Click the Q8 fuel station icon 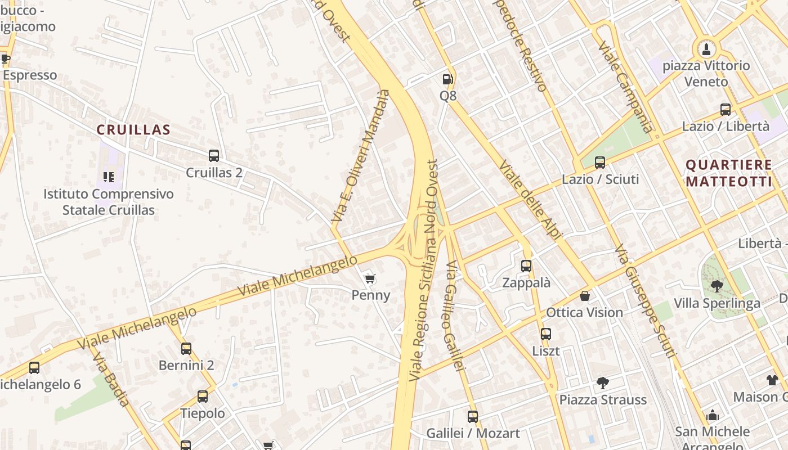point(447,80)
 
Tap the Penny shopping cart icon point(370,279)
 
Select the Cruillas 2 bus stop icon point(214,156)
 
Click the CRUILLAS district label point(133,130)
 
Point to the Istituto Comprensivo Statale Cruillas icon point(109,177)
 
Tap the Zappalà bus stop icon point(526,266)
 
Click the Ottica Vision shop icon point(585,296)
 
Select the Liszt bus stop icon point(546,334)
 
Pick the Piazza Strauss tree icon point(602,384)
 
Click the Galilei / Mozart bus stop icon point(473,417)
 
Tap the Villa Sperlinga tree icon point(717,287)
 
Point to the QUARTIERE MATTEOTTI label point(729,173)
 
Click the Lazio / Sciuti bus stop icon point(600,163)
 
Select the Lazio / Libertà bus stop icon point(726,110)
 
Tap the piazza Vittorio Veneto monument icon point(706,49)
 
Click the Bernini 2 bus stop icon point(186,349)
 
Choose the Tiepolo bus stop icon point(203,397)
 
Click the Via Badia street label point(111,379)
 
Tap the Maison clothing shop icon point(772,380)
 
